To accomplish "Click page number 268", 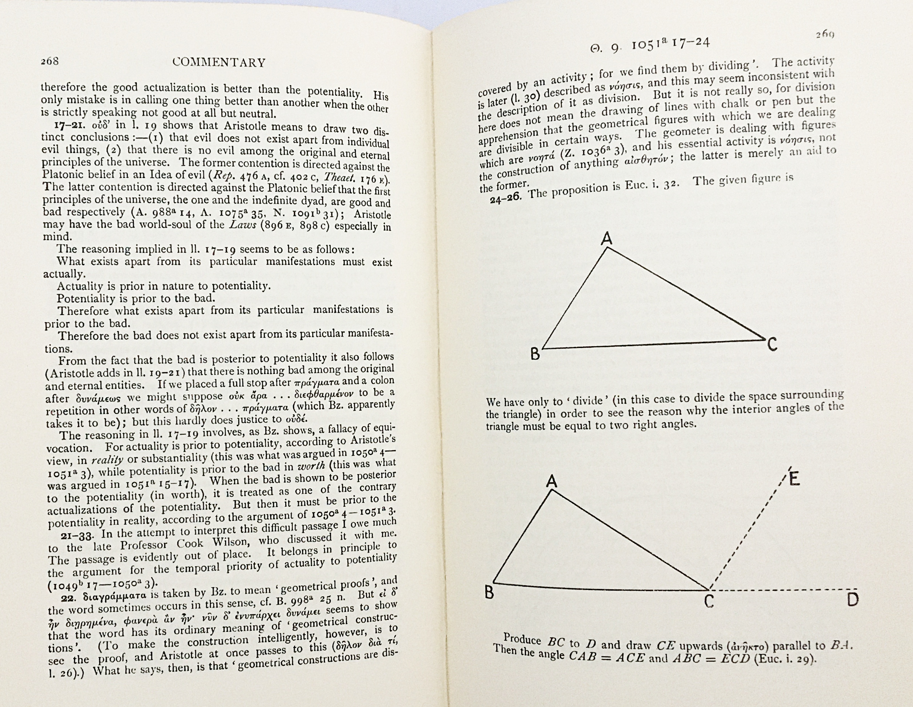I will [x=50, y=61].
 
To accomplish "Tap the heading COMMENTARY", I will [x=219, y=62].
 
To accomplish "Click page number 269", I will [x=825, y=35].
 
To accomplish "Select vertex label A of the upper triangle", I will [x=606, y=239].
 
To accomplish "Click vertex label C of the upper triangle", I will [x=772, y=345].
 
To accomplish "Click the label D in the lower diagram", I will [x=852, y=600].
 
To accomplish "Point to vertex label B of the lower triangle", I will [x=489, y=592].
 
